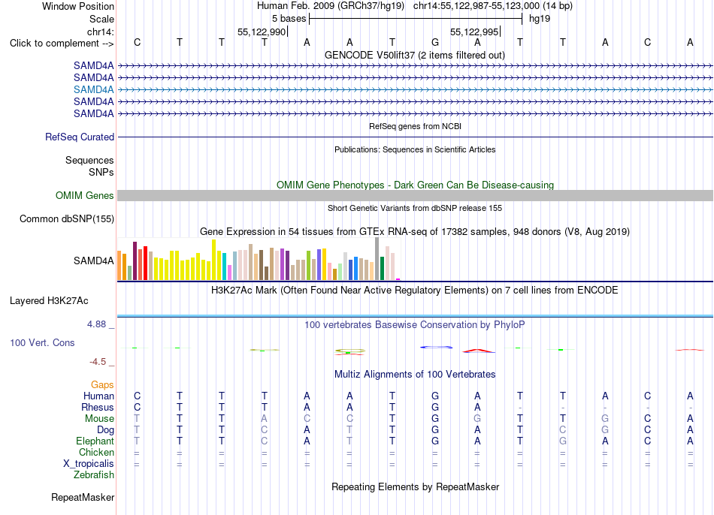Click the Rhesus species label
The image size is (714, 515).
98,407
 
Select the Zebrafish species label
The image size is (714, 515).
94,474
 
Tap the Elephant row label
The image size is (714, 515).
95,441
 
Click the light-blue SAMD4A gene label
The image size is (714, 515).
93,89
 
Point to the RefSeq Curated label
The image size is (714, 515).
79,137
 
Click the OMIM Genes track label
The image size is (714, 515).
84,196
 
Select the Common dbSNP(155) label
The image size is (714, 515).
66,218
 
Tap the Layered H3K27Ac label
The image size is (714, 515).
49,301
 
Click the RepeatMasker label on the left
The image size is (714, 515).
83,497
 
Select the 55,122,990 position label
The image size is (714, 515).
262,32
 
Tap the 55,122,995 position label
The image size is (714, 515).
474,32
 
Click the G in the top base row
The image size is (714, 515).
435,42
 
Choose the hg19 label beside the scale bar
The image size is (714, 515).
540,19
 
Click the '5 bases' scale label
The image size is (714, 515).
289,19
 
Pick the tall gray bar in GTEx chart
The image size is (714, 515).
377,258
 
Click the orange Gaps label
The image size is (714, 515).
102,385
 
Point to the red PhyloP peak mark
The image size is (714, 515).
478,351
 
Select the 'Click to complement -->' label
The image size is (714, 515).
62,44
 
